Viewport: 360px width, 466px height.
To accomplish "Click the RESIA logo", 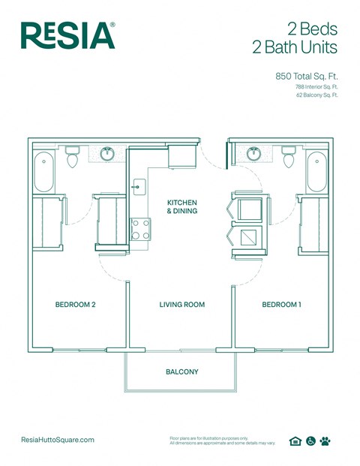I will pos(67,35).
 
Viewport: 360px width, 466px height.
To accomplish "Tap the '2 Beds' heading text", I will pos(310,30).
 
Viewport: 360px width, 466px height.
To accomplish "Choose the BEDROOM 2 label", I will pos(75,305).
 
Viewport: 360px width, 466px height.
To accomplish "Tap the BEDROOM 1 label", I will pos(281,305).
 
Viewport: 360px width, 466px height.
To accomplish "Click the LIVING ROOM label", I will pos(181,305).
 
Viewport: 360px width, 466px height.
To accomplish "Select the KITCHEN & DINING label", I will pos(181,207).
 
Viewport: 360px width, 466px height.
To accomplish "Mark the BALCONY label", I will pos(181,371).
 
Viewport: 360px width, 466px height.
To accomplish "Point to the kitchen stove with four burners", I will pos(140,228).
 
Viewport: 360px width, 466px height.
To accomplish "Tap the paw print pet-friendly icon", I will pos(325,441).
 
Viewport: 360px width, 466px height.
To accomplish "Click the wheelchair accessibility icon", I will pos(310,441).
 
